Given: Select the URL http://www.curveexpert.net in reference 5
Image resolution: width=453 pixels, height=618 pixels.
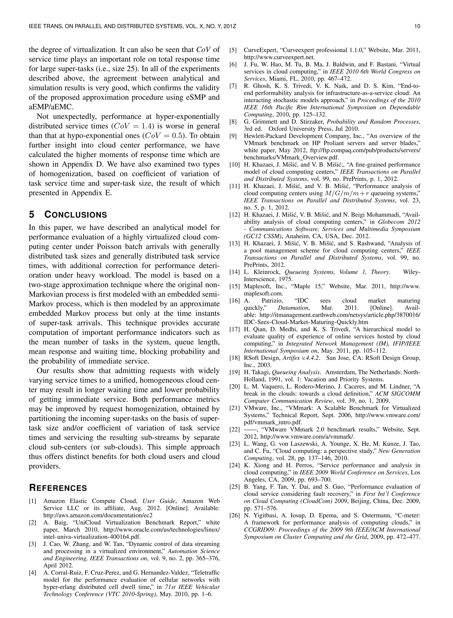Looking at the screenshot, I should click(x=279, y=57).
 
